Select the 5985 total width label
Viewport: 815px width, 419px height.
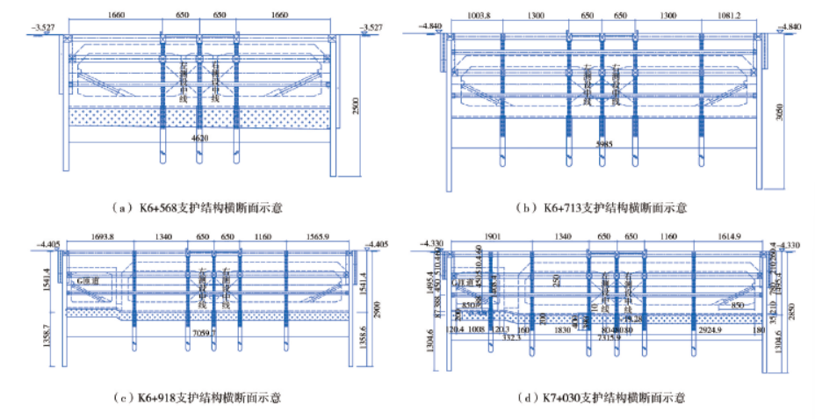pyautogui.click(x=604, y=141)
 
